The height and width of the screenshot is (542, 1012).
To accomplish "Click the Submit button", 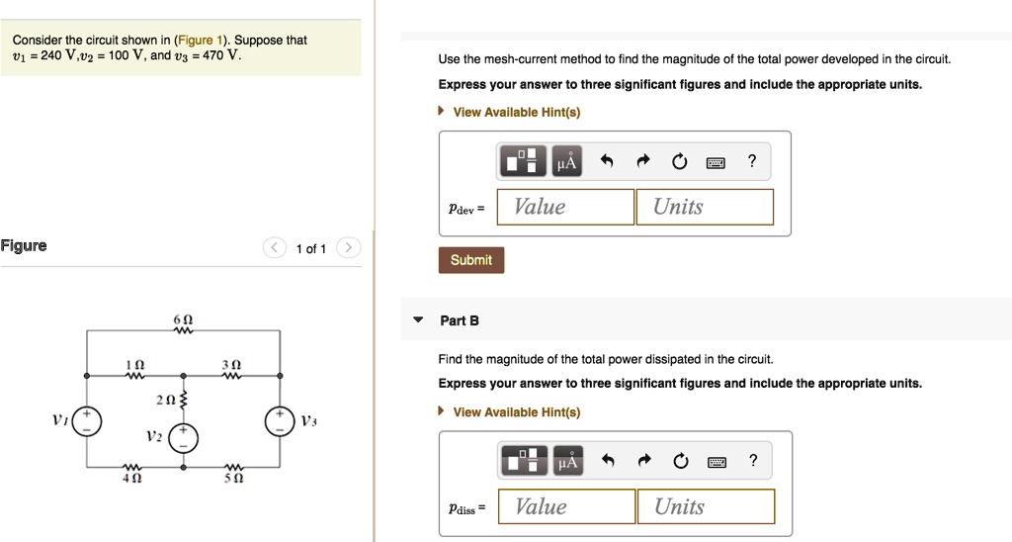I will point(470,260).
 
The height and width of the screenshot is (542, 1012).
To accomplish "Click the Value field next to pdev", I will point(565,207).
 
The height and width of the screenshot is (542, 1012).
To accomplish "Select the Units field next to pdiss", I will point(705,506).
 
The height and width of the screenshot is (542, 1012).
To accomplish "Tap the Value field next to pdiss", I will point(566,506).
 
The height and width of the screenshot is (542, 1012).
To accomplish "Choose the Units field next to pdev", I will point(704,207).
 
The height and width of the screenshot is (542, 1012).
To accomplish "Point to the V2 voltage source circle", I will point(182,437).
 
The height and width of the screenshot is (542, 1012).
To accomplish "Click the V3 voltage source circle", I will point(281,421).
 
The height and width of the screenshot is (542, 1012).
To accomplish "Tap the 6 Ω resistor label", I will point(182,322).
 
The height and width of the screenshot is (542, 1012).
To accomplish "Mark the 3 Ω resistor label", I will point(232,365).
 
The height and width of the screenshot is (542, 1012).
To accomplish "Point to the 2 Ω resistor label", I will point(164,400).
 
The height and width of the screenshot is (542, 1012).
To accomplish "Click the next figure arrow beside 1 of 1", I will point(349,248).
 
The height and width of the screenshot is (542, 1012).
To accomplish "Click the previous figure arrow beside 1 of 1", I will point(274,248).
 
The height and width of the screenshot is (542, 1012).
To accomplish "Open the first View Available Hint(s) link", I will point(516,112).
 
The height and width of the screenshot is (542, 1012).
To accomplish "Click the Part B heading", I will point(460,320).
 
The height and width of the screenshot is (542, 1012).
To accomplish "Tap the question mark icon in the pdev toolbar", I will point(752,161).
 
